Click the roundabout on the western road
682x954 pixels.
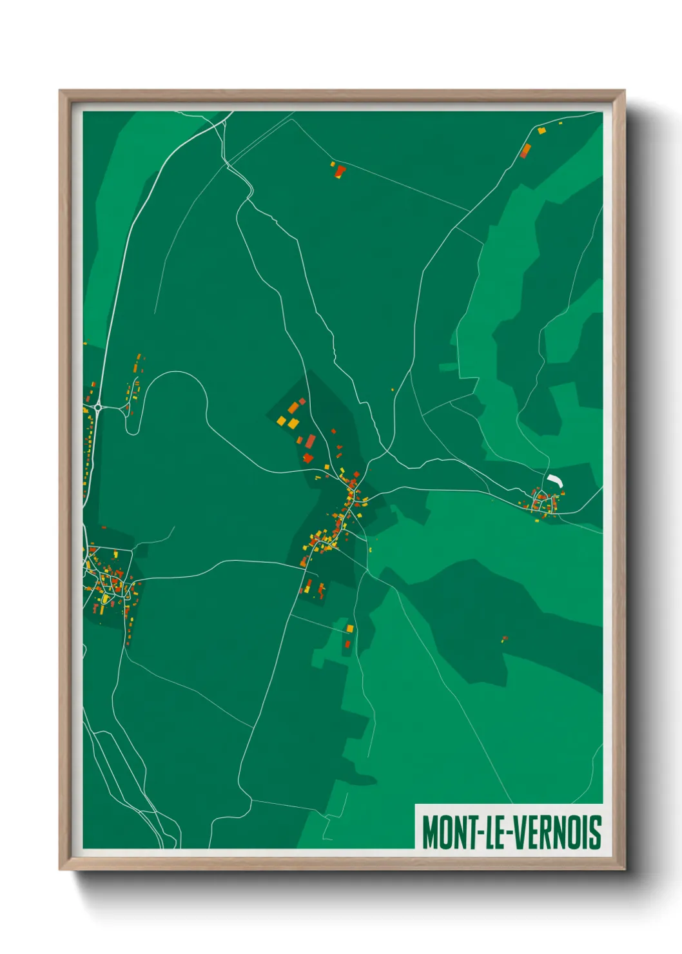[97, 407]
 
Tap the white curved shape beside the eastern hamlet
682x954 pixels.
[555, 480]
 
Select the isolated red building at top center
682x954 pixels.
[340, 171]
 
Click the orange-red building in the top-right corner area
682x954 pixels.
[525, 151]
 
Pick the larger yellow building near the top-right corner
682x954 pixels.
[541, 131]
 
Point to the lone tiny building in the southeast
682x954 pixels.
[504, 639]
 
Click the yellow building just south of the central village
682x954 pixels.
[350, 628]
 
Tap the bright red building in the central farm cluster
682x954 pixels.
[307, 458]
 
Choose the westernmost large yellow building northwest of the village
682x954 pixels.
[281, 421]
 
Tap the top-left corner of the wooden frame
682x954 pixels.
[61, 92]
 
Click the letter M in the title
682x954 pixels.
[429, 832]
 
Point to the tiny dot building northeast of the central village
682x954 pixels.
[392, 389]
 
